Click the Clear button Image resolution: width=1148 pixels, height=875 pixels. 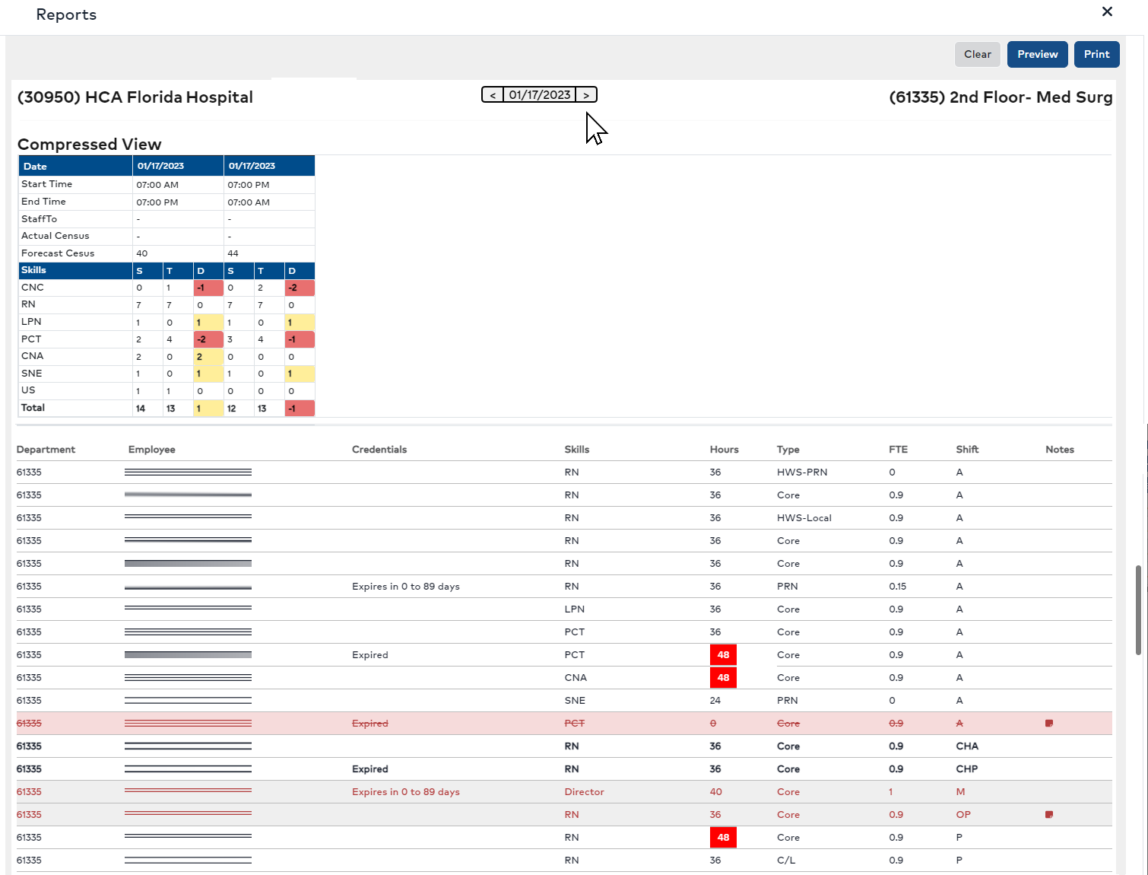[977, 54]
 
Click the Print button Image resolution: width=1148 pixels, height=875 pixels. [1096, 54]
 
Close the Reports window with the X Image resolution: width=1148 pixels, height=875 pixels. [1107, 11]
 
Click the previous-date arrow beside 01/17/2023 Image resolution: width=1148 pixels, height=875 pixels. [493, 95]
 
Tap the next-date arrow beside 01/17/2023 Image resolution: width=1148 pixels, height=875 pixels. [586, 95]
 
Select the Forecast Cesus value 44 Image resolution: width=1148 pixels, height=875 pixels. [233, 253]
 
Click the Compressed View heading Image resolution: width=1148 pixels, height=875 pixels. [89, 145]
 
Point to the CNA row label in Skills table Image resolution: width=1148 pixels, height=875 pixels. [33, 356]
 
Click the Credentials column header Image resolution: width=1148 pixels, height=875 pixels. [379, 450]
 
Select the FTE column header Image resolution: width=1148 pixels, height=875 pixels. [898, 450]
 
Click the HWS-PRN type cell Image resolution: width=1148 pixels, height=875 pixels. [802, 473]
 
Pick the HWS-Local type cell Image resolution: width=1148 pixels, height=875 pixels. [804, 518]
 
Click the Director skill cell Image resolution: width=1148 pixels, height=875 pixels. [584, 792]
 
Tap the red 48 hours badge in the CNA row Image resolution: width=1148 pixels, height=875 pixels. [723, 678]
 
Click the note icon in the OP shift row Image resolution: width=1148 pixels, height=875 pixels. [1049, 815]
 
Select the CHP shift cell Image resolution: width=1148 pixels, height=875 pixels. [967, 769]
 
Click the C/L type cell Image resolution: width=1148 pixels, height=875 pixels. [786, 861]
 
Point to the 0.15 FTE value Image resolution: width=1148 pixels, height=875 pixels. [898, 587]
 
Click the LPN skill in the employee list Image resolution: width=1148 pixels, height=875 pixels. [575, 609]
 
